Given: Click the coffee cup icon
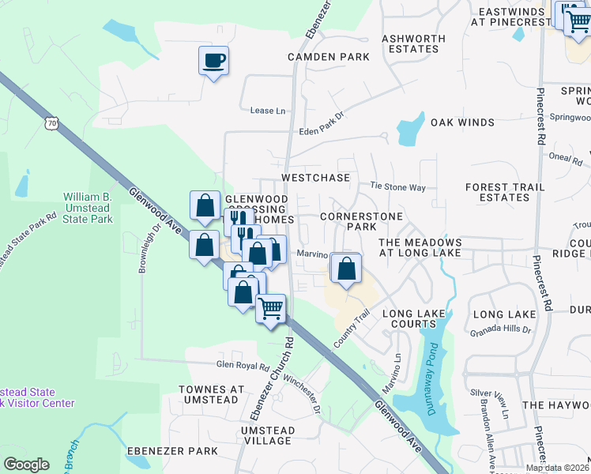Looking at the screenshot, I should pyautogui.click(x=213, y=60).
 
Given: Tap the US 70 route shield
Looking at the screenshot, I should pyautogui.click(x=51, y=123).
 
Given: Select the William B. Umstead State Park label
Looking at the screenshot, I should pyautogui.click(x=88, y=207).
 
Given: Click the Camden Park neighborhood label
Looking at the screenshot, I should pyautogui.click(x=329, y=57).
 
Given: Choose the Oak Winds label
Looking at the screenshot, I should pyautogui.click(x=462, y=122).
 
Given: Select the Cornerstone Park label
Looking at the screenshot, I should pyautogui.click(x=361, y=221).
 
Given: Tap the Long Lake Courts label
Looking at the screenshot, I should pyautogui.click(x=414, y=319).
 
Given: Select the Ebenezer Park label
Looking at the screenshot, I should pyautogui.click(x=172, y=451).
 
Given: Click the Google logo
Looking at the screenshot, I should pyautogui.click(x=26, y=465).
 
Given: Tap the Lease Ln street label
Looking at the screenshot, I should pyautogui.click(x=267, y=111).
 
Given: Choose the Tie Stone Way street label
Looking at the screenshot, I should pyautogui.click(x=398, y=187).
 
